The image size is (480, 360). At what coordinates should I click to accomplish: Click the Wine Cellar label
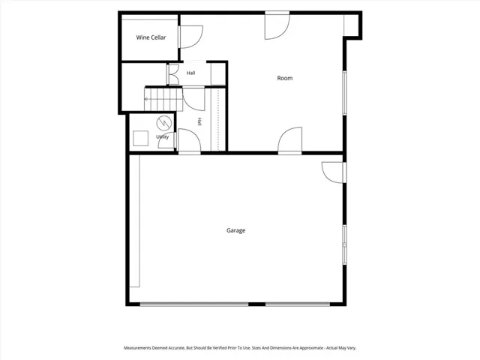point(151,37)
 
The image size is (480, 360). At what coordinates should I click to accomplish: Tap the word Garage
point(235,230)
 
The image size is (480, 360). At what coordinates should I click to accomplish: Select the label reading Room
point(285,78)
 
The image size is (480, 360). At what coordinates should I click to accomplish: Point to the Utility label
point(162,136)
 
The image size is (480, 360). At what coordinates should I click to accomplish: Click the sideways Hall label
point(199,121)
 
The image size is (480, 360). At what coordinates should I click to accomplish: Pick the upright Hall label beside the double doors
point(190,73)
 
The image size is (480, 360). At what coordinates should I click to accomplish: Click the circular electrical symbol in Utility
point(164,123)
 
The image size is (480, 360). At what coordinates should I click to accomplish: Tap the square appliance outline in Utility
point(140,138)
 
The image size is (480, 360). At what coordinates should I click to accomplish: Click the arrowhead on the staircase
point(146,99)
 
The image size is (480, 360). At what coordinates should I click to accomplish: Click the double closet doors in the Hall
point(173,74)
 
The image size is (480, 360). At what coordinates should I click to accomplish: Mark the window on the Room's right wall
point(345,93)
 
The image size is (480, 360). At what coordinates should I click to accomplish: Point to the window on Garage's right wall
point(345,244)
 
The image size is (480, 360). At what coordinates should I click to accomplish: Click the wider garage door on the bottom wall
point(194,304)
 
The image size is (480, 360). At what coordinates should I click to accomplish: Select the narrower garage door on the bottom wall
point(298,304)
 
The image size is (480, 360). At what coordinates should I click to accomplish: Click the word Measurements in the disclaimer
point(137,348)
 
